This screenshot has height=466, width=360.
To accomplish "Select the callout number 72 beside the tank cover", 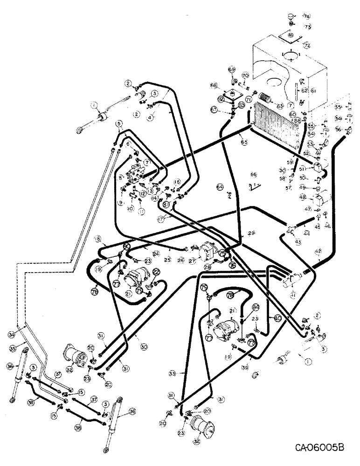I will coord(306,45).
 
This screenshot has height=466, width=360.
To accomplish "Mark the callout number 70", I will coord(245,76).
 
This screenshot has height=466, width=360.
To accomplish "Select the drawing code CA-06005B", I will coord(319,448).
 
